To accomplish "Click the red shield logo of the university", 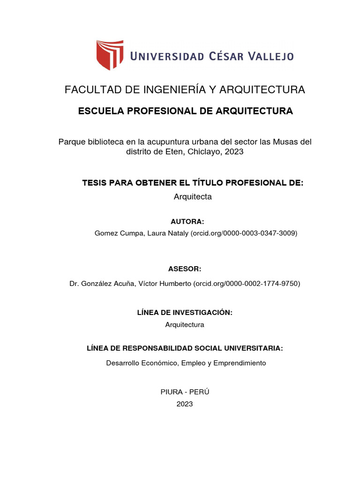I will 110,55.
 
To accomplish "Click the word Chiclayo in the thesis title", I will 205,152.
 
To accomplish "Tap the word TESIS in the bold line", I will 94,182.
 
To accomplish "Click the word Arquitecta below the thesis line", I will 193,197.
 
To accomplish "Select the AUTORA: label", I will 187,222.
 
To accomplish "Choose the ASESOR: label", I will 184,269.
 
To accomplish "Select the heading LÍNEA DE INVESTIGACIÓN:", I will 185,312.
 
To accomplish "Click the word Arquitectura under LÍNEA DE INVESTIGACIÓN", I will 185,324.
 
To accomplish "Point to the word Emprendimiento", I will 240,363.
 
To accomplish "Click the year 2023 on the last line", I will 185,404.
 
